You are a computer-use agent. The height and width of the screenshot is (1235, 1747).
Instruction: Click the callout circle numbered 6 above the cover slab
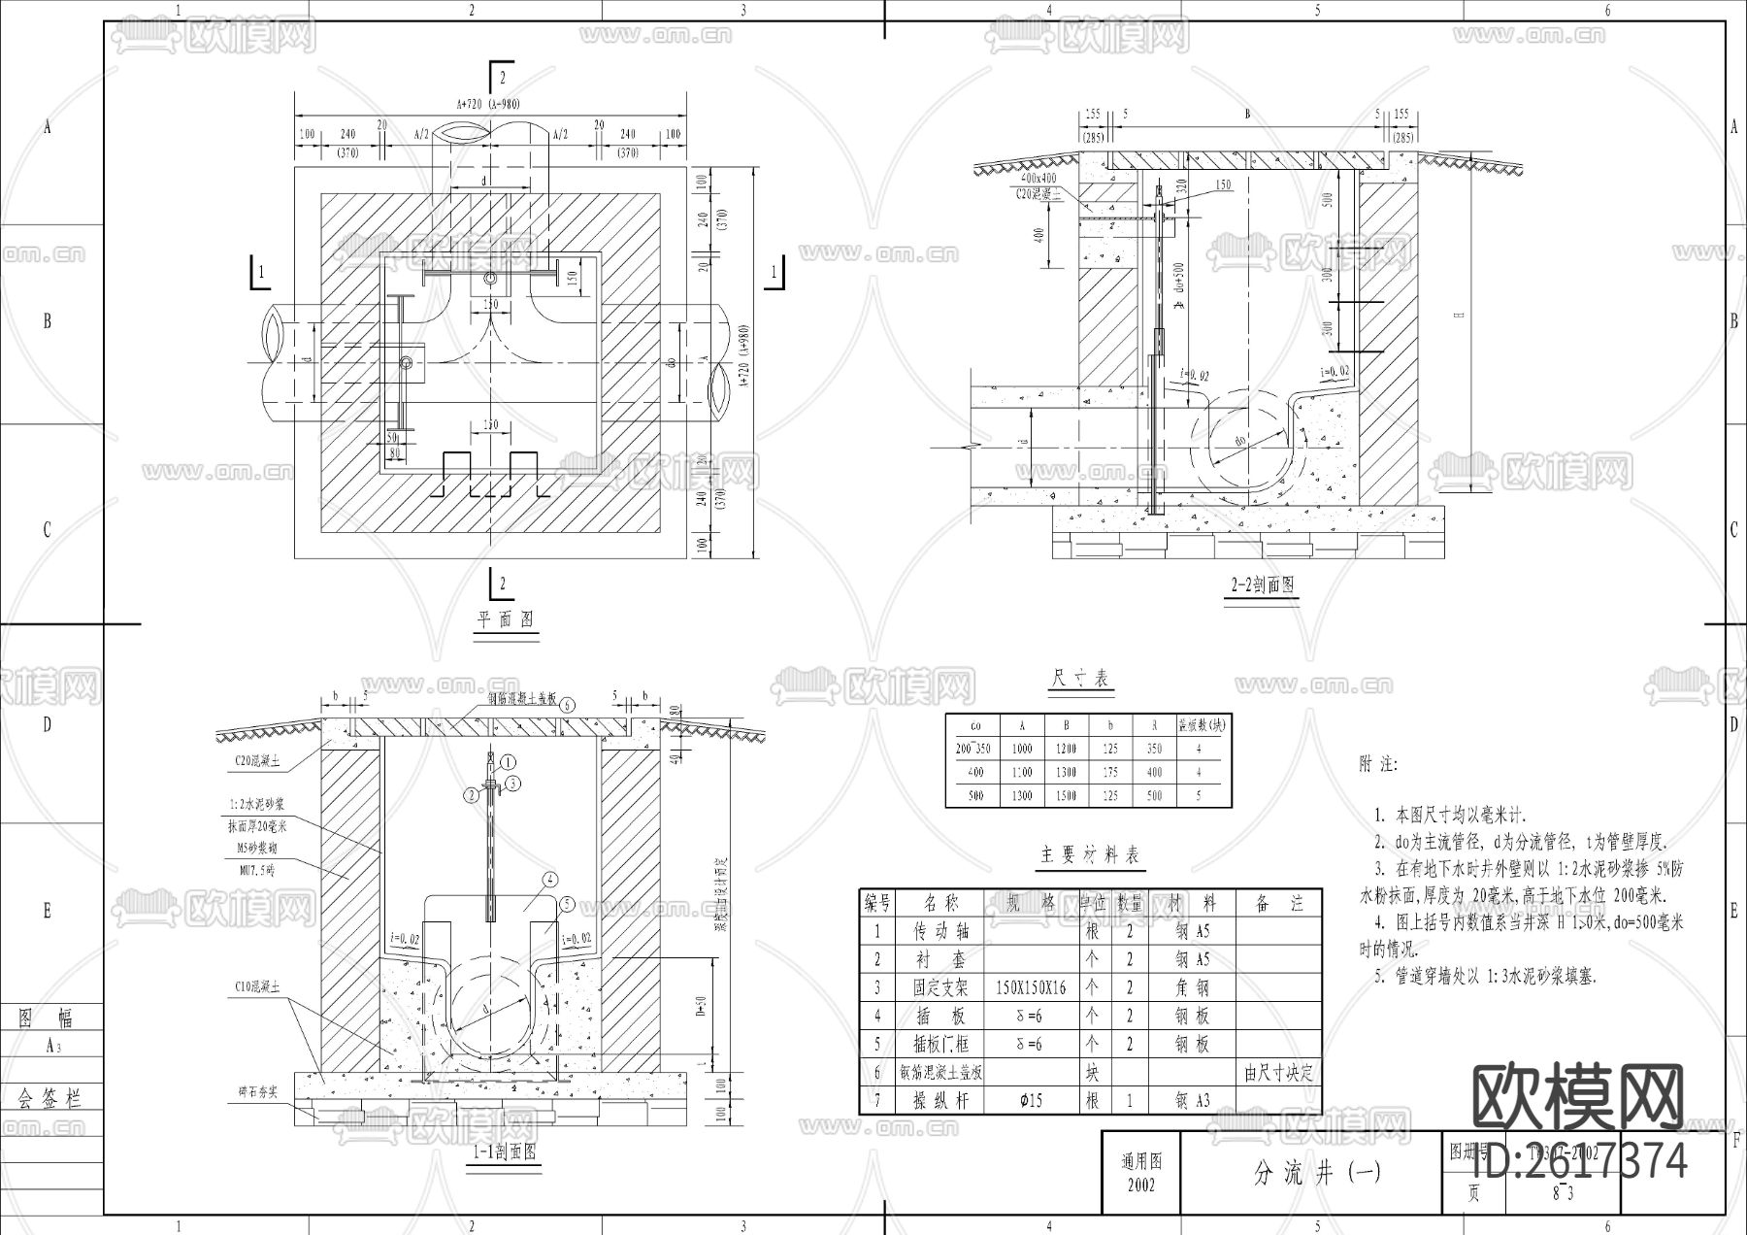(568, 705)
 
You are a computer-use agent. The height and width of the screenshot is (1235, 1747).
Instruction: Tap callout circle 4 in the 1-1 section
(550, 880)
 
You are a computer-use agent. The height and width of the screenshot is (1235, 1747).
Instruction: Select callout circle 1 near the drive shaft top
(510, 763)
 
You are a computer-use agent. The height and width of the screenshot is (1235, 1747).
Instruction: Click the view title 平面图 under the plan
(505, 619)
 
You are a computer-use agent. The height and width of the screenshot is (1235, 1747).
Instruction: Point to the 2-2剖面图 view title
(1263, 585)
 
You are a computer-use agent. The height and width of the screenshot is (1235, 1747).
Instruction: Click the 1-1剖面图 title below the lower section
(505, 1152)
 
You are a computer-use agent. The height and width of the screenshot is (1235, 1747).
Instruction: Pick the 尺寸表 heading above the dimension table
(1080, 679)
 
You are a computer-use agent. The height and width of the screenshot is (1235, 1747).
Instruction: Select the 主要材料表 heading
(1090, 855)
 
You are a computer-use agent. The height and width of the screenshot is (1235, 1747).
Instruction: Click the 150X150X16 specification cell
(1031, 987)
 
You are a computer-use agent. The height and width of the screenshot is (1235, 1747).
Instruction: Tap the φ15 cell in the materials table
(1031, 1100)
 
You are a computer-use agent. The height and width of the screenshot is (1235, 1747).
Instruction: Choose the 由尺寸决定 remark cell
(1278, 1072)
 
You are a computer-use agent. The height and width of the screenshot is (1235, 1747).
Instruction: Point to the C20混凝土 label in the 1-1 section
(257, 762)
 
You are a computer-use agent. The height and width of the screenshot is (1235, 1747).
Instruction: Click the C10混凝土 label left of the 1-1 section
(257, 987)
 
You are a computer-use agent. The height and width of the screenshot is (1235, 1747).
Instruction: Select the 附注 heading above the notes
(1378, 765)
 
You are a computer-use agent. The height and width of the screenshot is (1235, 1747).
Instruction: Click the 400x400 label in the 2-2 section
(1037, 180)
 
